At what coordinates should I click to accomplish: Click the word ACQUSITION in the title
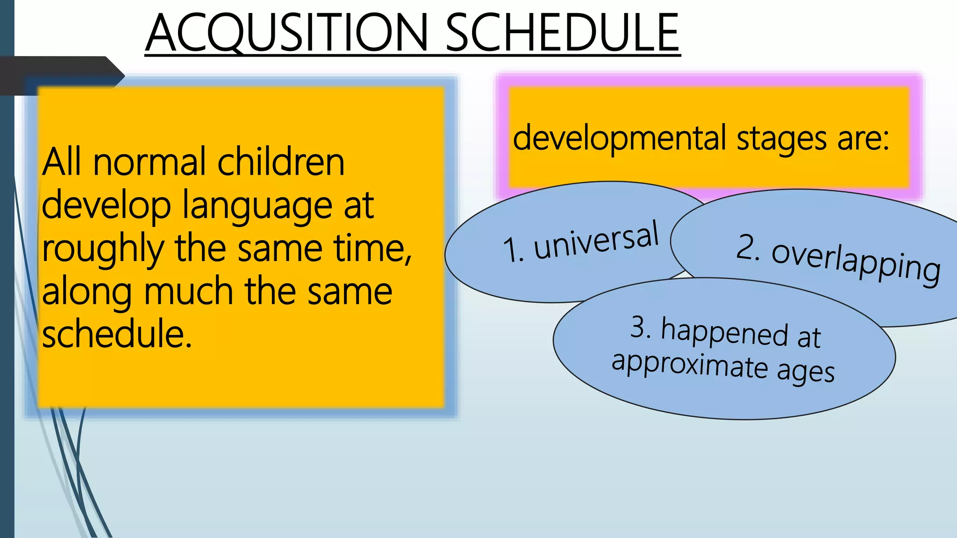[287, 33]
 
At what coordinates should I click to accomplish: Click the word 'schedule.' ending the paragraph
[117, 334]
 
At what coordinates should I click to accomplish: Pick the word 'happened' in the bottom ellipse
[724, 333]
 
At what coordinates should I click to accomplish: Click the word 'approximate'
[690, 365]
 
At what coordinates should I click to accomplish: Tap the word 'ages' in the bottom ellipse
[806, 372]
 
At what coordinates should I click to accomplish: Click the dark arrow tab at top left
[61, 75]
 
